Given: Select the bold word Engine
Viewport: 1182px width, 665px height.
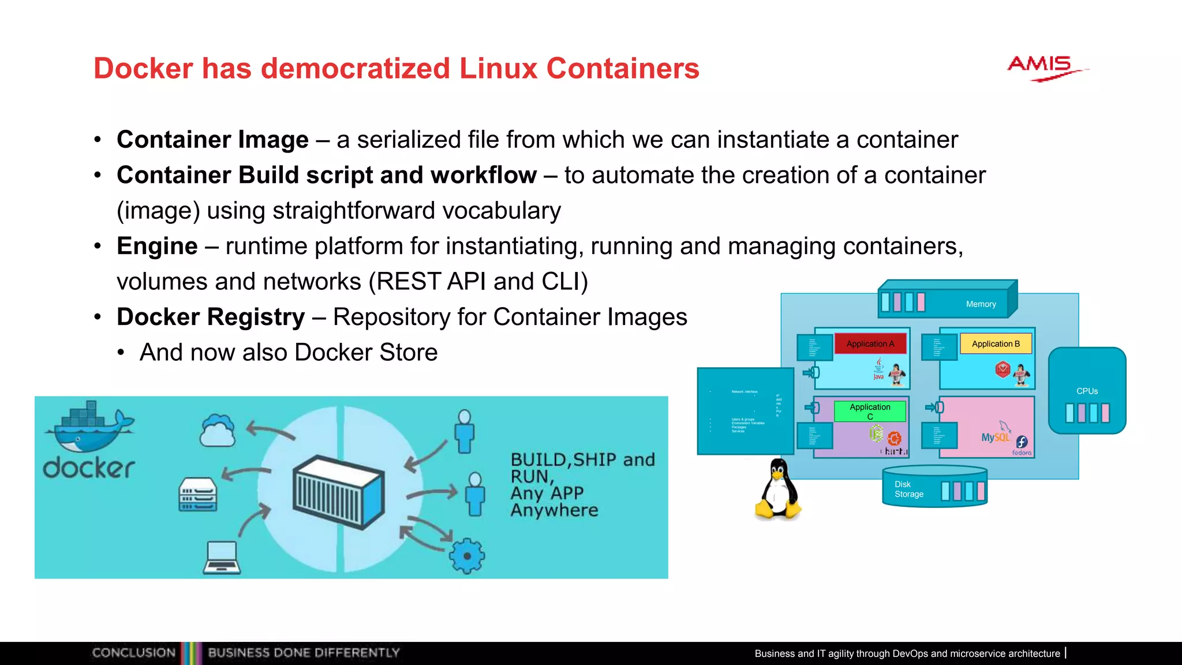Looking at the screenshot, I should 157,246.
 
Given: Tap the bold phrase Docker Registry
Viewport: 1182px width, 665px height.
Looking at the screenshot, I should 211,317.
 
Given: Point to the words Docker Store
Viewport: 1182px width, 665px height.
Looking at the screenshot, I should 366,353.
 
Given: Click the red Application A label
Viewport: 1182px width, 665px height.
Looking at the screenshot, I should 870,344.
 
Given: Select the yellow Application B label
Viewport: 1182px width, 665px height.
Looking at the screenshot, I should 996,344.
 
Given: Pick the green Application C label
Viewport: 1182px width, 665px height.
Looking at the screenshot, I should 870,411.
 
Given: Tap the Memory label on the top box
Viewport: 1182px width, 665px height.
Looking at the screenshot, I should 981,304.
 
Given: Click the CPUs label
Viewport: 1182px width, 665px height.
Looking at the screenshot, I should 1087,391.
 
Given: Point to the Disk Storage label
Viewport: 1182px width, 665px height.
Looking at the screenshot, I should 908,490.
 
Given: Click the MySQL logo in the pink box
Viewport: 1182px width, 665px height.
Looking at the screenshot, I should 996,436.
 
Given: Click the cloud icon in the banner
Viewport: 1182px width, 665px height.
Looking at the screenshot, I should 217,431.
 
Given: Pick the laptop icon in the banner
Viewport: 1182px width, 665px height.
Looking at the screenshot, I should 222,558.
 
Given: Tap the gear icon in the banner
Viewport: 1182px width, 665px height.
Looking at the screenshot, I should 467,556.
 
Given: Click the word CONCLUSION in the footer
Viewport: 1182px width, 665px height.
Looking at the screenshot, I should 133,653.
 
